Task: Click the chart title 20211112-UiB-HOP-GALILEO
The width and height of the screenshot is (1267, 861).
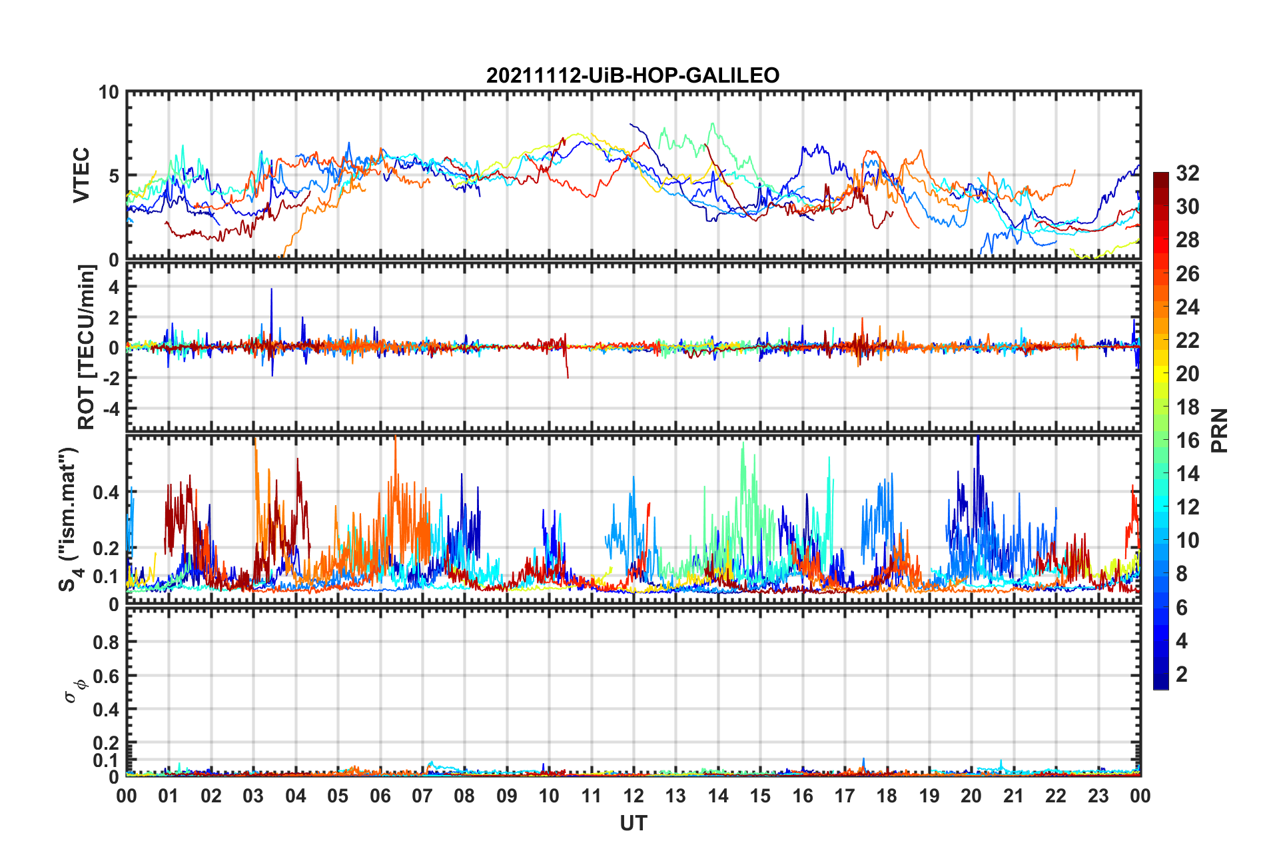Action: tap(632, 75)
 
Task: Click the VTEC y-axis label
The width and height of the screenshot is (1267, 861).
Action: tap(81, 175)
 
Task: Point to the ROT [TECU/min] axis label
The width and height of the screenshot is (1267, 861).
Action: tap(87, 347)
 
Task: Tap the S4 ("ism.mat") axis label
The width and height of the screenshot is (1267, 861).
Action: tap(69, 519)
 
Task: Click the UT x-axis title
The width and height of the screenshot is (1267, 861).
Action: tap(633, 824)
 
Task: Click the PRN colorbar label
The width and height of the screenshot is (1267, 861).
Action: tap(1219, 430)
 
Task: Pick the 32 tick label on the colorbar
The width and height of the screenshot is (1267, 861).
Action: tap(1187, 173)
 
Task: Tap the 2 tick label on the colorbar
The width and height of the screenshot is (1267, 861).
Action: tap(1182, 674)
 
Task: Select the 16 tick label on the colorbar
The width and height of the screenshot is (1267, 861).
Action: tap(1187, 440)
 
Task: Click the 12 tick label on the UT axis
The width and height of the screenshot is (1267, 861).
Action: tap(633, 796)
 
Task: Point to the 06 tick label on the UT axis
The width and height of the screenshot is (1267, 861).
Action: tap(380, 796)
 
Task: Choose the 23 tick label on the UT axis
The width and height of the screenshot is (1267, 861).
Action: tap(1098, 796)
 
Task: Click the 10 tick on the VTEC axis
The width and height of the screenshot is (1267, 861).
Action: tap(109, 93)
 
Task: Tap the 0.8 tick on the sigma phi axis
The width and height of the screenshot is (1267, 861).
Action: tap(106, 642)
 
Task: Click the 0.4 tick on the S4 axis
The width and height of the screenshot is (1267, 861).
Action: tap(106, 493)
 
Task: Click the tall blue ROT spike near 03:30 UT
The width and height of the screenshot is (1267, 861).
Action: tap(271, 290)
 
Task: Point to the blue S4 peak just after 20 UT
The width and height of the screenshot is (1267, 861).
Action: tap(977, 440)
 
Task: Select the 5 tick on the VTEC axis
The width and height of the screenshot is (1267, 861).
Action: tap(113, 176)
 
